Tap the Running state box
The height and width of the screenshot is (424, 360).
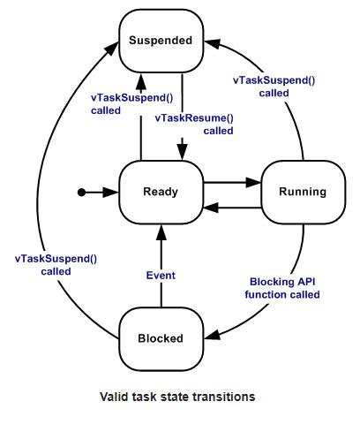[303, 192]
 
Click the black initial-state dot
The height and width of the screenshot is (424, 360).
[81, 192]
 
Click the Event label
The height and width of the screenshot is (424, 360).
[160, 276]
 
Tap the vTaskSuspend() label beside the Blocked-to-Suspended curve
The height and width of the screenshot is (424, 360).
[55, 265]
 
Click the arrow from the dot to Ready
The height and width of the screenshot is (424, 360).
[101, 192]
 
